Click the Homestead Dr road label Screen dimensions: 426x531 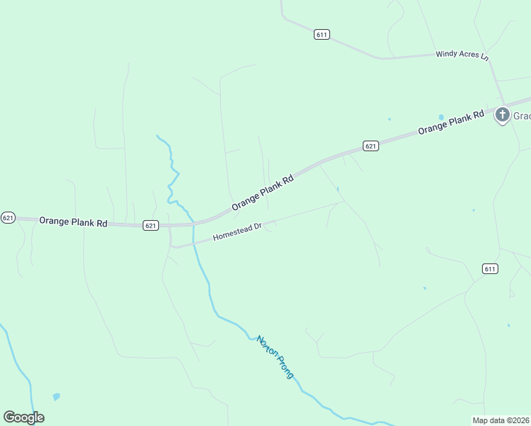click(238, 232)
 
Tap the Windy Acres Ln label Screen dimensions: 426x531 click(463, 55)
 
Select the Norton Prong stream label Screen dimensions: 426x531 click(275, 356)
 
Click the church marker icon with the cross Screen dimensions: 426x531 click(502, 114)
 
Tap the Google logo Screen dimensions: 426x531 click(23, 417)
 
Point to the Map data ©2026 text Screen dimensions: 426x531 click(500, 420)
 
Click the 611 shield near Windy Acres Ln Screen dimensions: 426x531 click(322, 34)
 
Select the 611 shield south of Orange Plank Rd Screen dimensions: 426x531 click(490, 268)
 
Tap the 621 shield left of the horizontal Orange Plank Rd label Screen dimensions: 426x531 click(8, 217)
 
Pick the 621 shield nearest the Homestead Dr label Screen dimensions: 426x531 click(150, 225)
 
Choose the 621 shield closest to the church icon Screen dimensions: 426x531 click(370, 146)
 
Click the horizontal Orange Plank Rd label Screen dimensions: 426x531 click(73, 222)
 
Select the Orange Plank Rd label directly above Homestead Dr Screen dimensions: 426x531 click(262, 192)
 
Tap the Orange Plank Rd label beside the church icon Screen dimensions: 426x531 click(450, 121)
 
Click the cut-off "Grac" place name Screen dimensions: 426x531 click(522, 116)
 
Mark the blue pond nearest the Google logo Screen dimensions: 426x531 click(56, 396)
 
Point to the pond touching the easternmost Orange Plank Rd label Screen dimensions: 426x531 click(441, 117)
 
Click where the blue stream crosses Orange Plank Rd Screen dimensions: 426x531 click(193, 222)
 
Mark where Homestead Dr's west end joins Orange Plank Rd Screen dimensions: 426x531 click(170, 226)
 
